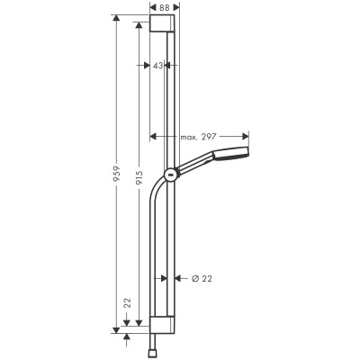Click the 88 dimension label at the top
pyautogui.click(x=164, y=6)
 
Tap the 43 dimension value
pyautogui.click(x=158, y=66)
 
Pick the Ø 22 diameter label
pyautogui.click(x=202, y=279)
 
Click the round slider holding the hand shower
pyautogui.click(x=169, y=173)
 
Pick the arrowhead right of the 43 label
pyautogui.click(x=171, y=66)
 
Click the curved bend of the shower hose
pyautogui.click(x=157, y=191)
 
